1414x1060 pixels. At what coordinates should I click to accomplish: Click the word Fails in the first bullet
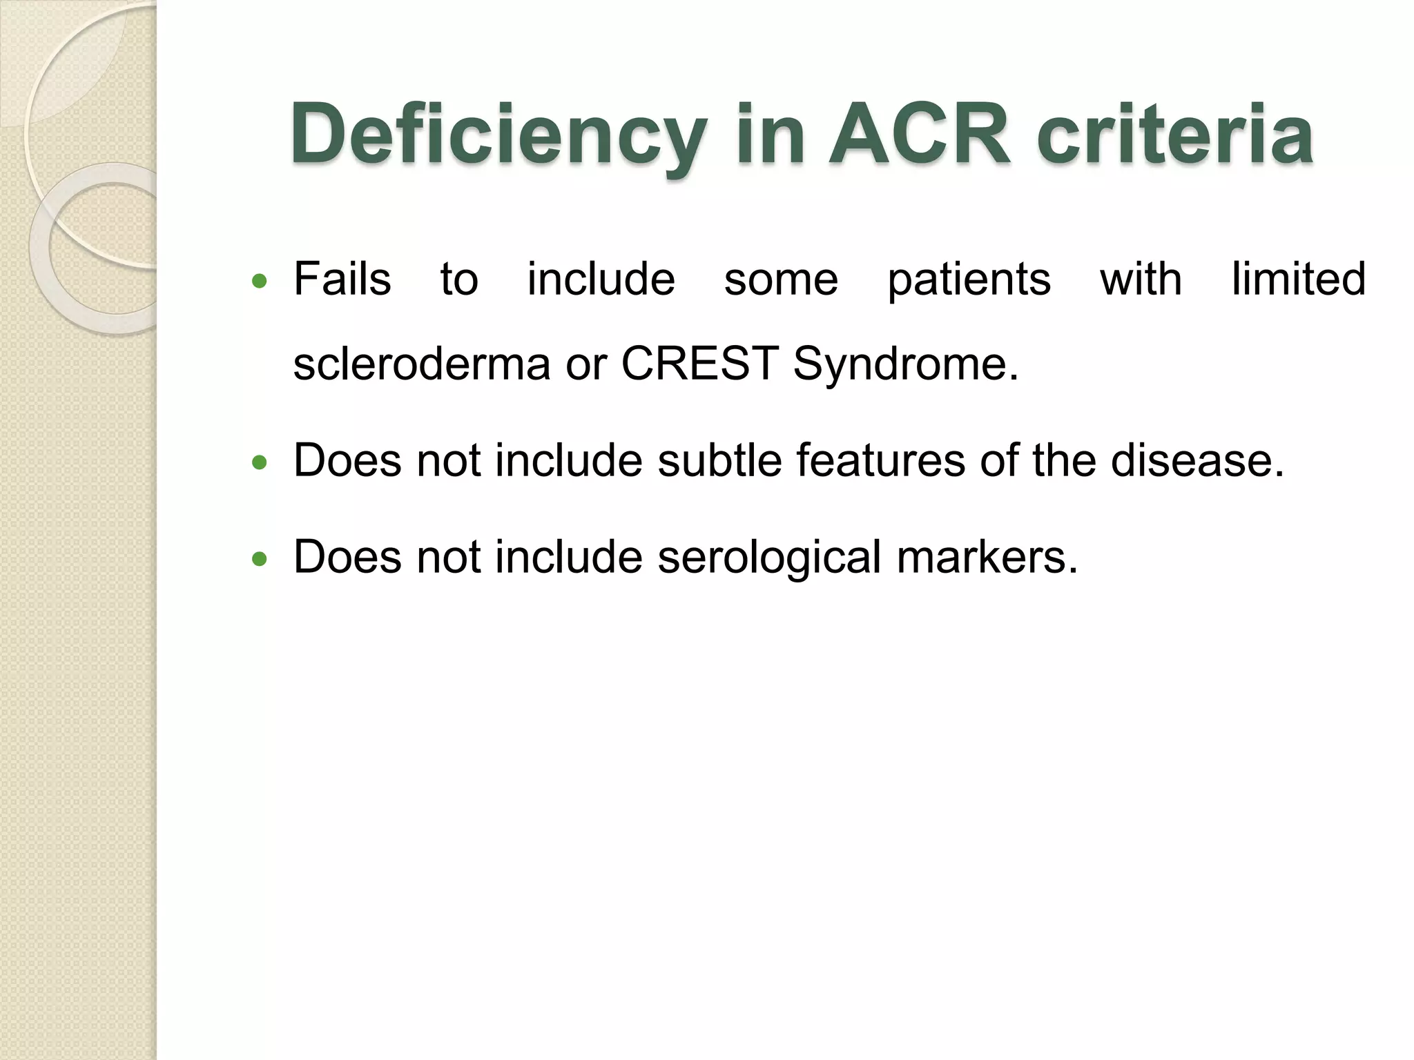pyautogui.click(x=342, y=279)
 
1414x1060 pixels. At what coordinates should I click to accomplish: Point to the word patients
pyautogui.click(x=969, y=280)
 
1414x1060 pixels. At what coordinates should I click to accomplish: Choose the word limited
pyautogui.click(x=1299, y=279)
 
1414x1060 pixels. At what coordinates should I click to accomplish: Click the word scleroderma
pyautogui.click(x=422, y=364)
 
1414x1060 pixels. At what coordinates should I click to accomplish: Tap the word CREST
pyautogui.click(x=700, y=363)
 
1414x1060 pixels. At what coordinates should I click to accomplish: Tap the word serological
pyautogui.click(x=769, y=558)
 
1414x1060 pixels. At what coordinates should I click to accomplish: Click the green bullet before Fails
pyautogui.click(x=260, y=281)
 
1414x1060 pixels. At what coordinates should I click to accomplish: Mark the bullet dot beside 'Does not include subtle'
pyautogui.click(x=260, y=462)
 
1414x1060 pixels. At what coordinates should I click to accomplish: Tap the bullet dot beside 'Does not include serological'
pyautogui.click(x=260, y=559)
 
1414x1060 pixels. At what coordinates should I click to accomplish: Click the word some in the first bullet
pyautogui.click(x=781, y=280)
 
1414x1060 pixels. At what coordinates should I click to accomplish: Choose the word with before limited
pyautogui.click(x=1141, y=279)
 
